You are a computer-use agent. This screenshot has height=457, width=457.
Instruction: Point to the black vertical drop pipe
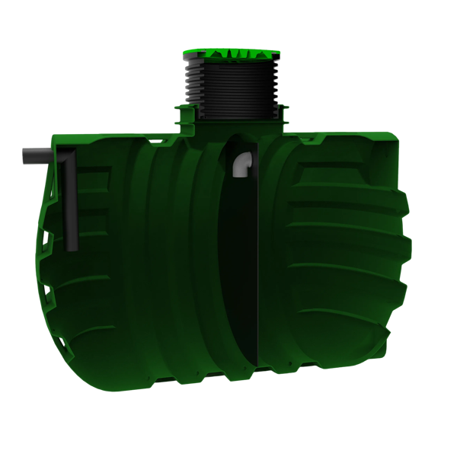[x=71, y=206]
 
